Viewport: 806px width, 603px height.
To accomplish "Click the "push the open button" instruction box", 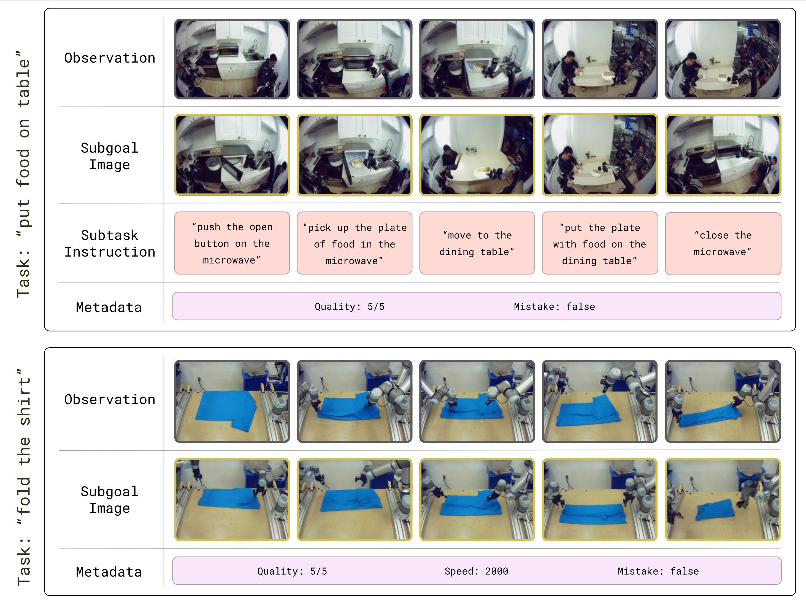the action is click(x=232, y=243).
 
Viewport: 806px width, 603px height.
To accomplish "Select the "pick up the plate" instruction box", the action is click(x=355, y=243).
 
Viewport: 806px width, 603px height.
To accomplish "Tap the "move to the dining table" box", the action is click(x=477, y=243).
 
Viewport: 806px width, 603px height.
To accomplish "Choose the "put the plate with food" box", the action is click(x=600, y=243).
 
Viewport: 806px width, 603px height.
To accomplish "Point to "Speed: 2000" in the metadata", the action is click(x=476, y=571).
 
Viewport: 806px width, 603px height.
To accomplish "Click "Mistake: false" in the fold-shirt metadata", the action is click(x=658, y=571).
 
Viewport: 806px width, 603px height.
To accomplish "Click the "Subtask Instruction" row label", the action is click(x=110, y=244).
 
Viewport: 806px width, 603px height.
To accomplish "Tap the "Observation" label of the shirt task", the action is click(x=110, y=399).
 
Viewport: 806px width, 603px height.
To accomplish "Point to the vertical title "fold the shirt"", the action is click(x=24, y=477).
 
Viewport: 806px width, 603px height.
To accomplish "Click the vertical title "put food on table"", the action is click(x=24, y=174).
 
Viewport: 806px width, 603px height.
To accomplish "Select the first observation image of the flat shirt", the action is click(x=232, y=401).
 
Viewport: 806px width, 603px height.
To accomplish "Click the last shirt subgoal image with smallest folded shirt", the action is click(x=723, y=499).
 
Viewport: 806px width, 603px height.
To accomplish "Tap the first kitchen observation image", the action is click(x=232, y=59).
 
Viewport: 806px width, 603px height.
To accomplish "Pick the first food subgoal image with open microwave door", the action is click(x=232, y=155).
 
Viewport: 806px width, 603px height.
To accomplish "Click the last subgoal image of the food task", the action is click(x=723, y=155).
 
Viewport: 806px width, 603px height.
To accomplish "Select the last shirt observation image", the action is click(x=723, y=401).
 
